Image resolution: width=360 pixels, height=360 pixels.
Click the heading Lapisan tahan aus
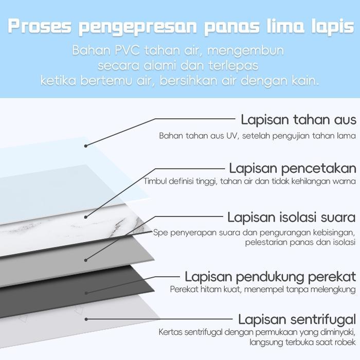[x=298, y=120]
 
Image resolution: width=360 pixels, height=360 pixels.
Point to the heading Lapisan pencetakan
[x=293, y=168]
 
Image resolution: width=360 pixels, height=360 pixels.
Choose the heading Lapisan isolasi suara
[x=292, y=217]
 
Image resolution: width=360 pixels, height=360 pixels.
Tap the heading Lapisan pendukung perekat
[x=271, y=276]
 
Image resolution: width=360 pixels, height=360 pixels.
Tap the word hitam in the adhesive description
[x=211, y=289]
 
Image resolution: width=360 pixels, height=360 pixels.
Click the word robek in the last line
[x=344, y=342]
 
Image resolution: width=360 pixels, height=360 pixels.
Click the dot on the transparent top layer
[x=86, y=146]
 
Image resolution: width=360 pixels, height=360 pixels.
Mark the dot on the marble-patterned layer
[x=85, y=217]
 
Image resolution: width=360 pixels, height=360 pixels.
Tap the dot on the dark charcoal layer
[x=85, y=292]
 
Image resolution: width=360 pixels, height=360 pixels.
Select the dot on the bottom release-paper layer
[x=85, y=319]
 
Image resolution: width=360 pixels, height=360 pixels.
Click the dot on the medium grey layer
[x=85, y=259]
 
